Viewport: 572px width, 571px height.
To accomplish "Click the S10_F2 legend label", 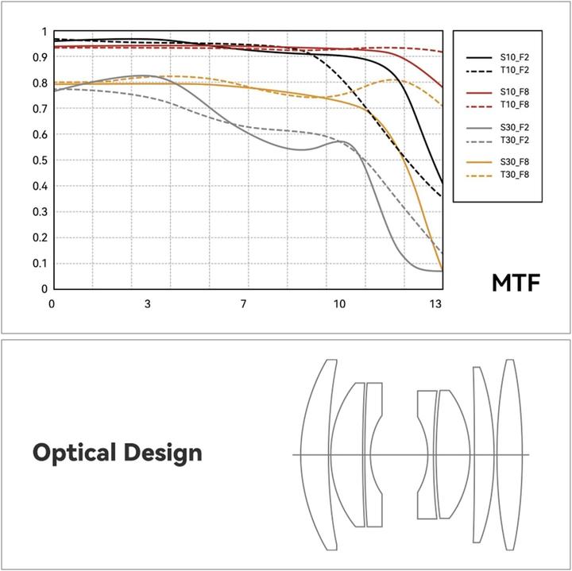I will [x=512, y=58].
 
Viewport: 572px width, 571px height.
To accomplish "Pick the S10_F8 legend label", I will [x=512, y=94].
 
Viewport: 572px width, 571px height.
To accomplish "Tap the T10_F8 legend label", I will [x=512, y=106].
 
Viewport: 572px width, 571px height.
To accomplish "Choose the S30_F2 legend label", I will [x=512, y=128].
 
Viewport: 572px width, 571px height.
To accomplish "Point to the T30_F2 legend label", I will [x=512, y=141].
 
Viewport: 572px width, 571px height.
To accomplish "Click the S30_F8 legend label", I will [x=512, y=163].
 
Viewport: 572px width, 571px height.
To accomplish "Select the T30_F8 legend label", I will [x=512, y=176].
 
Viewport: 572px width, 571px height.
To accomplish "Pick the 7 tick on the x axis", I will [x=243, y=304].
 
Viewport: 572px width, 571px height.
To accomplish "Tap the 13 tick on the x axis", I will [x=435, y=304].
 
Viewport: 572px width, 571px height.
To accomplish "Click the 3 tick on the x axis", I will [x=148, y=304].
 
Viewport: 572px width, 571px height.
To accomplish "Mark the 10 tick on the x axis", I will [x=339, y=304].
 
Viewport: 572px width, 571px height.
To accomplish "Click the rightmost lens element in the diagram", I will [x=509, y=453].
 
